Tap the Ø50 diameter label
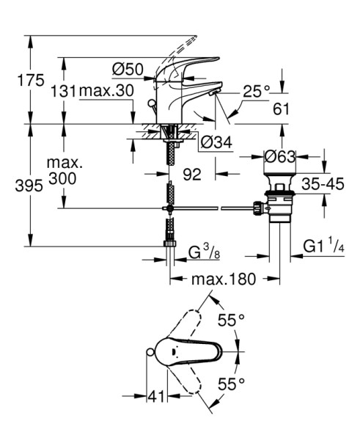click(x=128, y=70)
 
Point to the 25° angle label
click(x=257, y=91)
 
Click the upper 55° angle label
click(x=232, y=321)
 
